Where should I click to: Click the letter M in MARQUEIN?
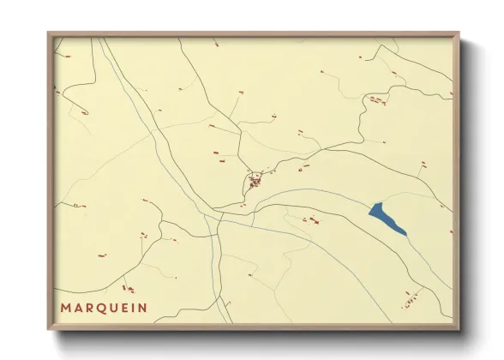tap(65, 307)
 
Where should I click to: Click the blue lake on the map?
tap(386, 218)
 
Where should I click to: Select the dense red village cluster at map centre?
tap(255, 181)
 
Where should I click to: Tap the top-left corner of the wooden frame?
tap(49, 33)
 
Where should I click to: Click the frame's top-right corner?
tap(459, 33)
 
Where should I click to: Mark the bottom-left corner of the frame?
tap(49, 329)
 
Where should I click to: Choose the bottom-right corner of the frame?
tap(459, 329)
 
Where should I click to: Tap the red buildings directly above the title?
tap(129, 289)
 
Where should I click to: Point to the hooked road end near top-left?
tap(85, 111)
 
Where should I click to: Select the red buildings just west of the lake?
tap(310, 220)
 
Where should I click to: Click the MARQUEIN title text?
tap(104, 307)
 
